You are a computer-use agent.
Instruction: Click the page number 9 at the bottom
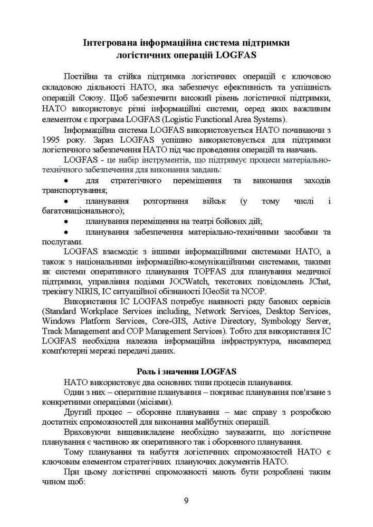[x=186, y=501]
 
